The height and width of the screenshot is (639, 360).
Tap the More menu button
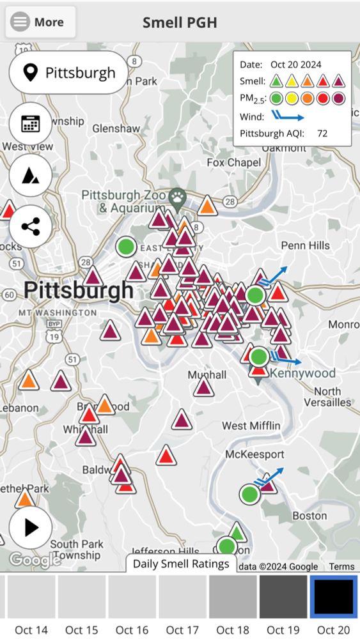point(40,22)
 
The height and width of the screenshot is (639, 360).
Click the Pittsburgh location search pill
point(68,73)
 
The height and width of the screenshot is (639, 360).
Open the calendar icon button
point(30,124)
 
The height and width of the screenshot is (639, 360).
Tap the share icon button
point(30,226)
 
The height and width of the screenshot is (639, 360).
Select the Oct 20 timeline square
point(333,597)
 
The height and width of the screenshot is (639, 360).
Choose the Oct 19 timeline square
point(283,597)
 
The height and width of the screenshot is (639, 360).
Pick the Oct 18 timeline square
point(233,597)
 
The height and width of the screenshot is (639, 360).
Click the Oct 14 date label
point(31,630)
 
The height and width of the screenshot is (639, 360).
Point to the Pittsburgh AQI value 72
point(322,134)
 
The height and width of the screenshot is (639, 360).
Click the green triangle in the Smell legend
point(276,81)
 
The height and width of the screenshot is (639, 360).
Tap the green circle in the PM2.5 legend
point(276,98)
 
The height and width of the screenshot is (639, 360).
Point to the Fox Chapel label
point(234,162)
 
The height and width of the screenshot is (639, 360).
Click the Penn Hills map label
point(306,245)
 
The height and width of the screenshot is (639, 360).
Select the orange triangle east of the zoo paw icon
point(207,206)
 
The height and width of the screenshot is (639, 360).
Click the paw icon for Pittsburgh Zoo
point(177,197)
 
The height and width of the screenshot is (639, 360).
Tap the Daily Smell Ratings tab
point(182,564)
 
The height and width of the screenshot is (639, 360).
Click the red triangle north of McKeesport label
point(166,456)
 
